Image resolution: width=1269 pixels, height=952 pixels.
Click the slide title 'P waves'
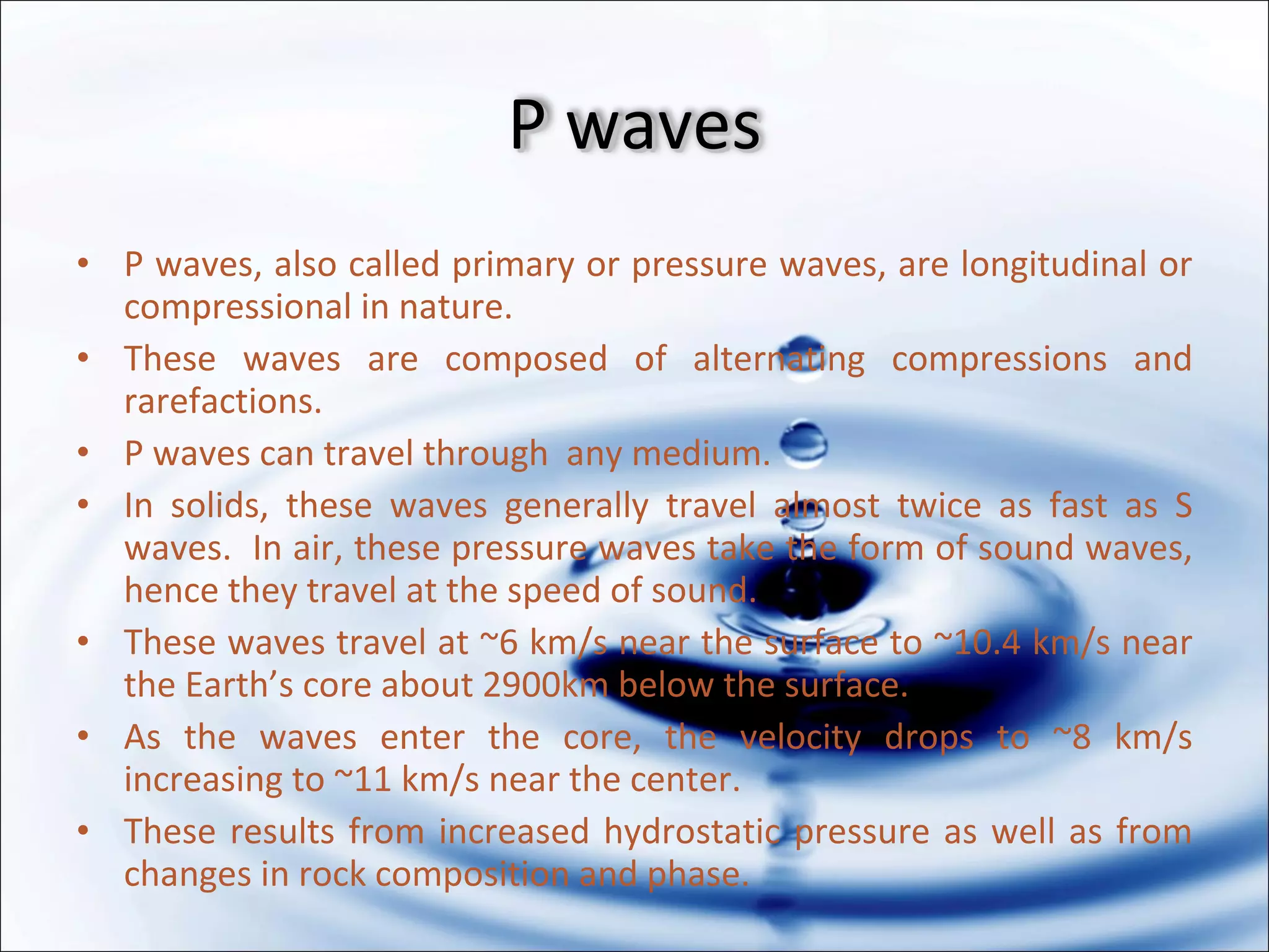pos(634,125)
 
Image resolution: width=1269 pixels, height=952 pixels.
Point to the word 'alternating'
pos(779,359)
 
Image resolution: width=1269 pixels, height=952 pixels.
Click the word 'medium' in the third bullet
pos(699,454)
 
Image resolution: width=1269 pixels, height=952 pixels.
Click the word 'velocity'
pos(801,738)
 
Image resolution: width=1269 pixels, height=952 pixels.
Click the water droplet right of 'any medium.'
pos(803,444)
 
